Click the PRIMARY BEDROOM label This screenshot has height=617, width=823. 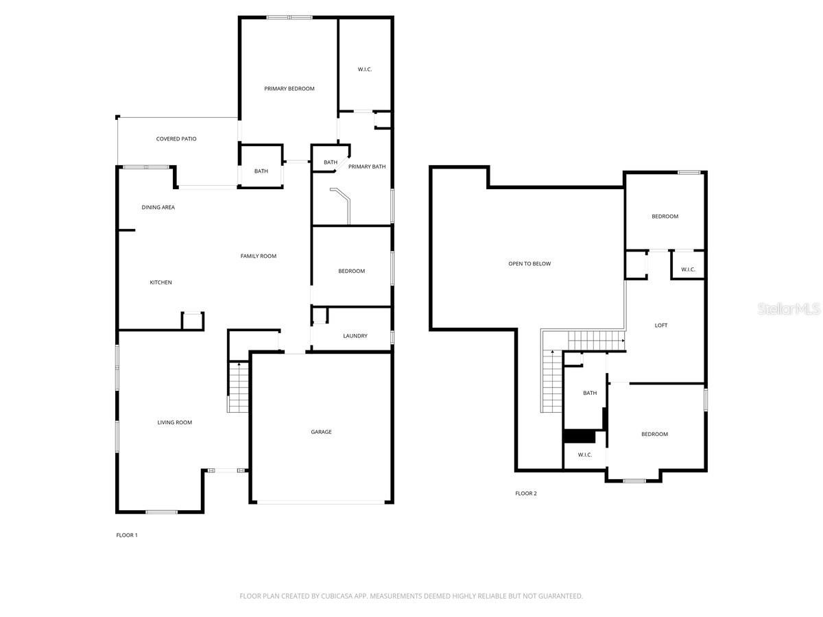point(289,89)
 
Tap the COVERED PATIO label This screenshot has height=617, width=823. point(176,139)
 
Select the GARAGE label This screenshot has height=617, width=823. point(322,432)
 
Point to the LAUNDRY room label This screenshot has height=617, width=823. point(355,336)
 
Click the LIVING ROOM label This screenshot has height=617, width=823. point(175,422)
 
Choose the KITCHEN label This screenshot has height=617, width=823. point(161,282)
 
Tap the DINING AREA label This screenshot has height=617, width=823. point(158,208)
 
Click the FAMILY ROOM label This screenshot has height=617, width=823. point(259,256)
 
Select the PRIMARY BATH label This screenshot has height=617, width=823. point(367,167)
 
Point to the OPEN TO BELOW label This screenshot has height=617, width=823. point(529,264)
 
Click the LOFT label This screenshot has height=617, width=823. point(661,326)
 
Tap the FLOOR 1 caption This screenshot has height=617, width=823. point(127,535)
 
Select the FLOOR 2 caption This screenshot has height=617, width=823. point(525,494)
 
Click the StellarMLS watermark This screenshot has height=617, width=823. point(789,308)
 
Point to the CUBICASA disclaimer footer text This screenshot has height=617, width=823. point(411,596)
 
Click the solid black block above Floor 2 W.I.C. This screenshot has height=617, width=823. point(580,437)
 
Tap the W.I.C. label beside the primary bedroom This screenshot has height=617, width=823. point(364,69)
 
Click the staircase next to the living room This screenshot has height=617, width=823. point(239,387)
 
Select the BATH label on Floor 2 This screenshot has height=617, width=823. point(590,393)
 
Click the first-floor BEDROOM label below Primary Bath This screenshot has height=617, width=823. point(351,271)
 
